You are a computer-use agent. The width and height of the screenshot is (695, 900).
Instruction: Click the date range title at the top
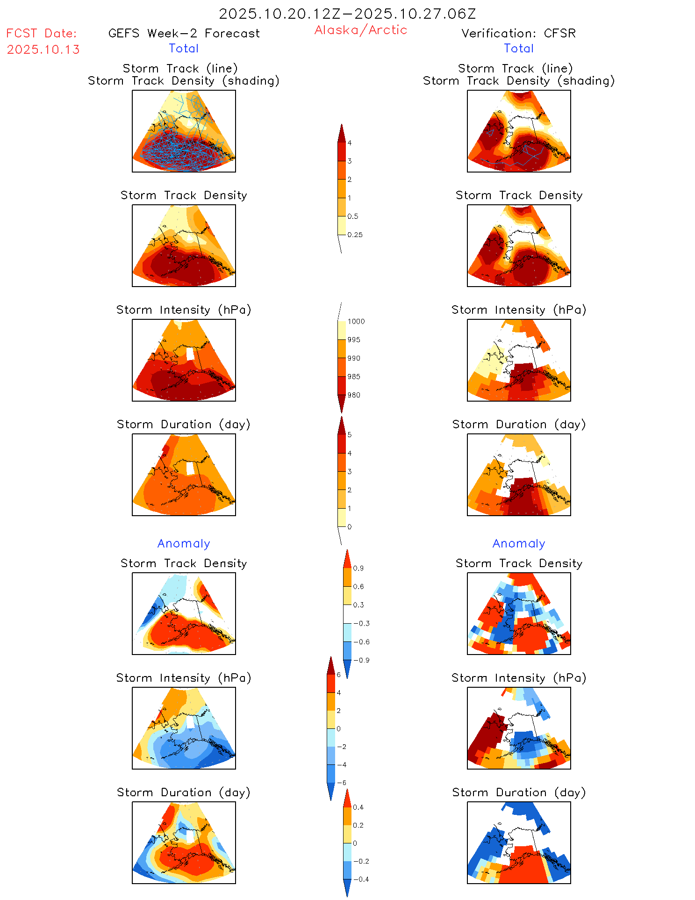347,14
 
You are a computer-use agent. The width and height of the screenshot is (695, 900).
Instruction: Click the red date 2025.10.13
43,50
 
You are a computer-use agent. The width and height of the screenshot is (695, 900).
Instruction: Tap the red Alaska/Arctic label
361,30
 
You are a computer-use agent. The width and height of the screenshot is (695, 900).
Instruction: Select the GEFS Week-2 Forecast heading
184,33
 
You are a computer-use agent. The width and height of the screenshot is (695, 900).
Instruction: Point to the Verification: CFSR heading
518,33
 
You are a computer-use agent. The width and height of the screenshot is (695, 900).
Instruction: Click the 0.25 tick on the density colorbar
355,235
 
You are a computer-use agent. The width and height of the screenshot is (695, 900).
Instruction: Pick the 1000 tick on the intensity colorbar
356,322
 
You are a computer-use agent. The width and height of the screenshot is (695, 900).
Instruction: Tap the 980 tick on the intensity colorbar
354,395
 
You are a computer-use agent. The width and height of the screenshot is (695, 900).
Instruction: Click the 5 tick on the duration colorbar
349,435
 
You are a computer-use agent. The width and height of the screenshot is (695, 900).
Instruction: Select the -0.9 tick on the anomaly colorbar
361,660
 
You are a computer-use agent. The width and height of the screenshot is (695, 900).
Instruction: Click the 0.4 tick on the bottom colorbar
358,807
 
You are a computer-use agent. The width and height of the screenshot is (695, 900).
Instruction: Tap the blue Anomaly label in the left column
184,543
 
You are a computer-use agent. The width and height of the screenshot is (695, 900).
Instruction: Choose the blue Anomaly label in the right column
519,543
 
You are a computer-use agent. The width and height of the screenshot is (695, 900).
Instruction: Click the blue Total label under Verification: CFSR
519,48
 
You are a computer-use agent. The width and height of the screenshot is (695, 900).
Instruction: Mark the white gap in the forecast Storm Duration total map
190,468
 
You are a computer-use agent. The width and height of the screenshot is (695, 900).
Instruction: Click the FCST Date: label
42,33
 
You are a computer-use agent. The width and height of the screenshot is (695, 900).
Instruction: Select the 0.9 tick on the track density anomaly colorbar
358,568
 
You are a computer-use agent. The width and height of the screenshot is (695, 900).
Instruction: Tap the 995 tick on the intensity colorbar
354,340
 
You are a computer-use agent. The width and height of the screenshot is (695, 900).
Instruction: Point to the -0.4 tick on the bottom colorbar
361,879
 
